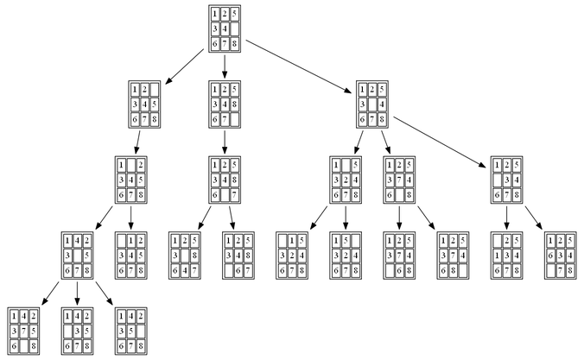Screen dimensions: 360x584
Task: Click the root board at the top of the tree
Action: coord(225,28)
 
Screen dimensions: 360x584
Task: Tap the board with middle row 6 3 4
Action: coord(560,255)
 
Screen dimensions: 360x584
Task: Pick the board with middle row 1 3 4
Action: coord(506,255)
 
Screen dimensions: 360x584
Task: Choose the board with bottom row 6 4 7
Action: coord(184,255)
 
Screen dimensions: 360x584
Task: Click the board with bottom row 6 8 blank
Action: coord(454,255)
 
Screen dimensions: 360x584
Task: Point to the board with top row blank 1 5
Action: coord(292,255)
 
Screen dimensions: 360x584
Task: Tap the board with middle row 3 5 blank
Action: coord(130,329)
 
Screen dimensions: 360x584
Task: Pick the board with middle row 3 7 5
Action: coord(23,329)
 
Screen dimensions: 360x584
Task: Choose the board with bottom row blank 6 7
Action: coord(238,255)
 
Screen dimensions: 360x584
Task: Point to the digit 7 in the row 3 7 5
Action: coord(23,329)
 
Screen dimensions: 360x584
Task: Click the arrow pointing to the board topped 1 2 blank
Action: coord(182,66)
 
